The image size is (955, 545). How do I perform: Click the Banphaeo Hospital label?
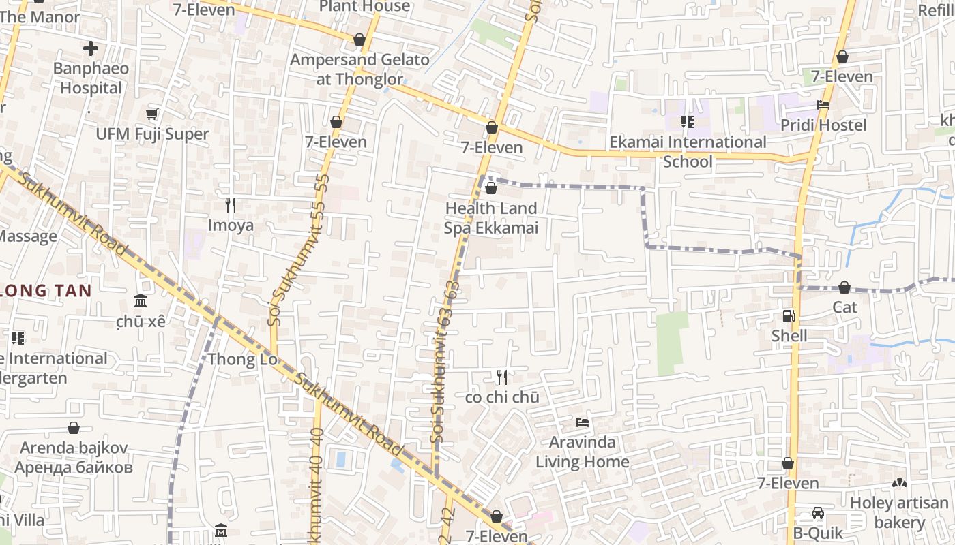coord(91,78)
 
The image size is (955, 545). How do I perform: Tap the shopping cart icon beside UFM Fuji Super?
coord(152,114)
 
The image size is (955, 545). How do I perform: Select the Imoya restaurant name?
coord(231,225)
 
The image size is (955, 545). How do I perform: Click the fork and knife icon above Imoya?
coord(231,204)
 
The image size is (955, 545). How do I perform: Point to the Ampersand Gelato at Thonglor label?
coord(359,69)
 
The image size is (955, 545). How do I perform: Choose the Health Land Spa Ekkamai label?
coord(490,218)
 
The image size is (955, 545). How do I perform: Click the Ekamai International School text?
coord(688,152)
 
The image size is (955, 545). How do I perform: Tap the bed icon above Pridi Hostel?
coord(823,105)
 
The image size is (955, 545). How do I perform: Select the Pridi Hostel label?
coord(823,125)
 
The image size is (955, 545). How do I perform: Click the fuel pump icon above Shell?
coord(789,316)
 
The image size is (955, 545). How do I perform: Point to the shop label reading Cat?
coord(844,307)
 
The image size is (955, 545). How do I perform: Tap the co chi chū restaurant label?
coord(502,397)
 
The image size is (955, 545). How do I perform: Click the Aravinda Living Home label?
coord(582,452)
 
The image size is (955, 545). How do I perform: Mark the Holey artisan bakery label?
coord(899,513)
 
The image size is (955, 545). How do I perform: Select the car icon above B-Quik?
coord(818,513)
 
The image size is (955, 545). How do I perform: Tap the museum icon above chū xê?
coord(141,300)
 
